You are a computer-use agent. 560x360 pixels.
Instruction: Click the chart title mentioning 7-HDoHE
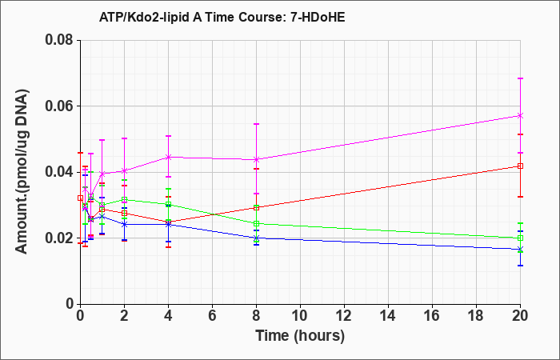point(222,17)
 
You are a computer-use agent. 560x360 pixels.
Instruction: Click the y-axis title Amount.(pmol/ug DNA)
point(22,171)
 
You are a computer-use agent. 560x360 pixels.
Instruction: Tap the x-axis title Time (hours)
point(300,336)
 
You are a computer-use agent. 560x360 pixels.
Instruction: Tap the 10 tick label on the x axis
point(300,316)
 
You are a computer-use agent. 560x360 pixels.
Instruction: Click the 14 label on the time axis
point(388,316)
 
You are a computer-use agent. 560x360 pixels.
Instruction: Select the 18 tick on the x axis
point(476,316)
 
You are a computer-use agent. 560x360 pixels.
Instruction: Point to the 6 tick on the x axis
point(212,316)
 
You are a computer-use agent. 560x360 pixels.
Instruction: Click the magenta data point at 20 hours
point(520,115)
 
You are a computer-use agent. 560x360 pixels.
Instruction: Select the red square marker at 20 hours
point(520,166)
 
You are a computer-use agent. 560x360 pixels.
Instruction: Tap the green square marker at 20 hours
point(520,238)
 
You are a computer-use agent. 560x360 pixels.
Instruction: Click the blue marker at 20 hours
point(520,250)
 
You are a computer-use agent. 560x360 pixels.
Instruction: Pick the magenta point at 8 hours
point(256,159)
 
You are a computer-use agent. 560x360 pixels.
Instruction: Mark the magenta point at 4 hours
point(168,157)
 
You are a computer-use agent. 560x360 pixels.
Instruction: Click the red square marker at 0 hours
point(80,198)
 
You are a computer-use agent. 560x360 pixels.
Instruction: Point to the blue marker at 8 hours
point(256,238)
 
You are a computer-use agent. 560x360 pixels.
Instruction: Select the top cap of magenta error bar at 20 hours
point(520,78)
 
